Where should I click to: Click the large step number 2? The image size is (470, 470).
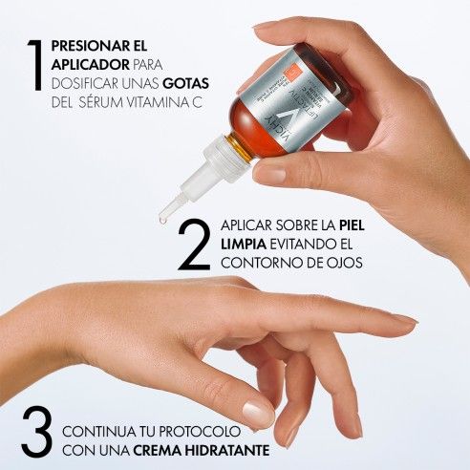(x=194, y=246)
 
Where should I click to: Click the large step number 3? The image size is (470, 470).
(x=36, y=432)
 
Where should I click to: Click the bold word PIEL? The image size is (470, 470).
(x=355, y=226)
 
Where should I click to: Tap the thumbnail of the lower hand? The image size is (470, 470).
(x=258, y=414)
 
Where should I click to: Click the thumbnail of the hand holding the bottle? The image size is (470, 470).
(x=270, y=175)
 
